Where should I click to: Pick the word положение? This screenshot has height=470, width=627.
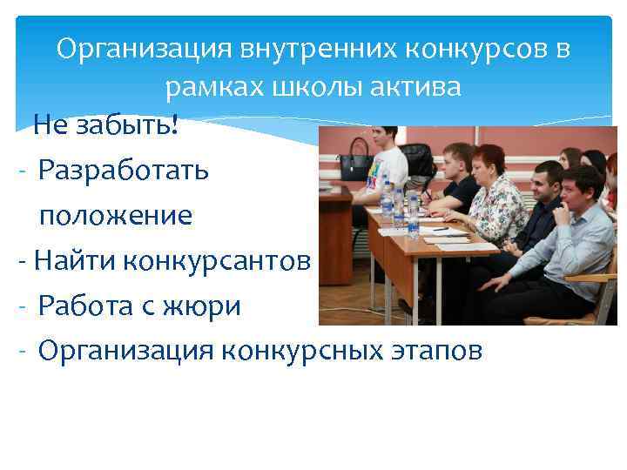pyautogui.click(x=115, y=215)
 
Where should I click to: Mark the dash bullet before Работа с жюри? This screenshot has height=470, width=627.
pyautogui.click(x=20, y=306)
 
